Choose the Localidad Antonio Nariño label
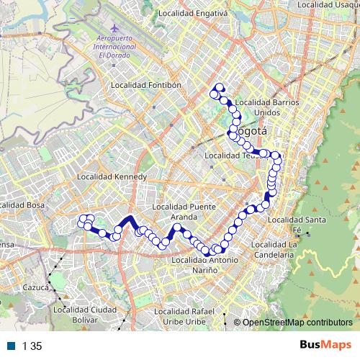204,264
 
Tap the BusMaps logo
325,346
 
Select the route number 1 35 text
32,346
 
